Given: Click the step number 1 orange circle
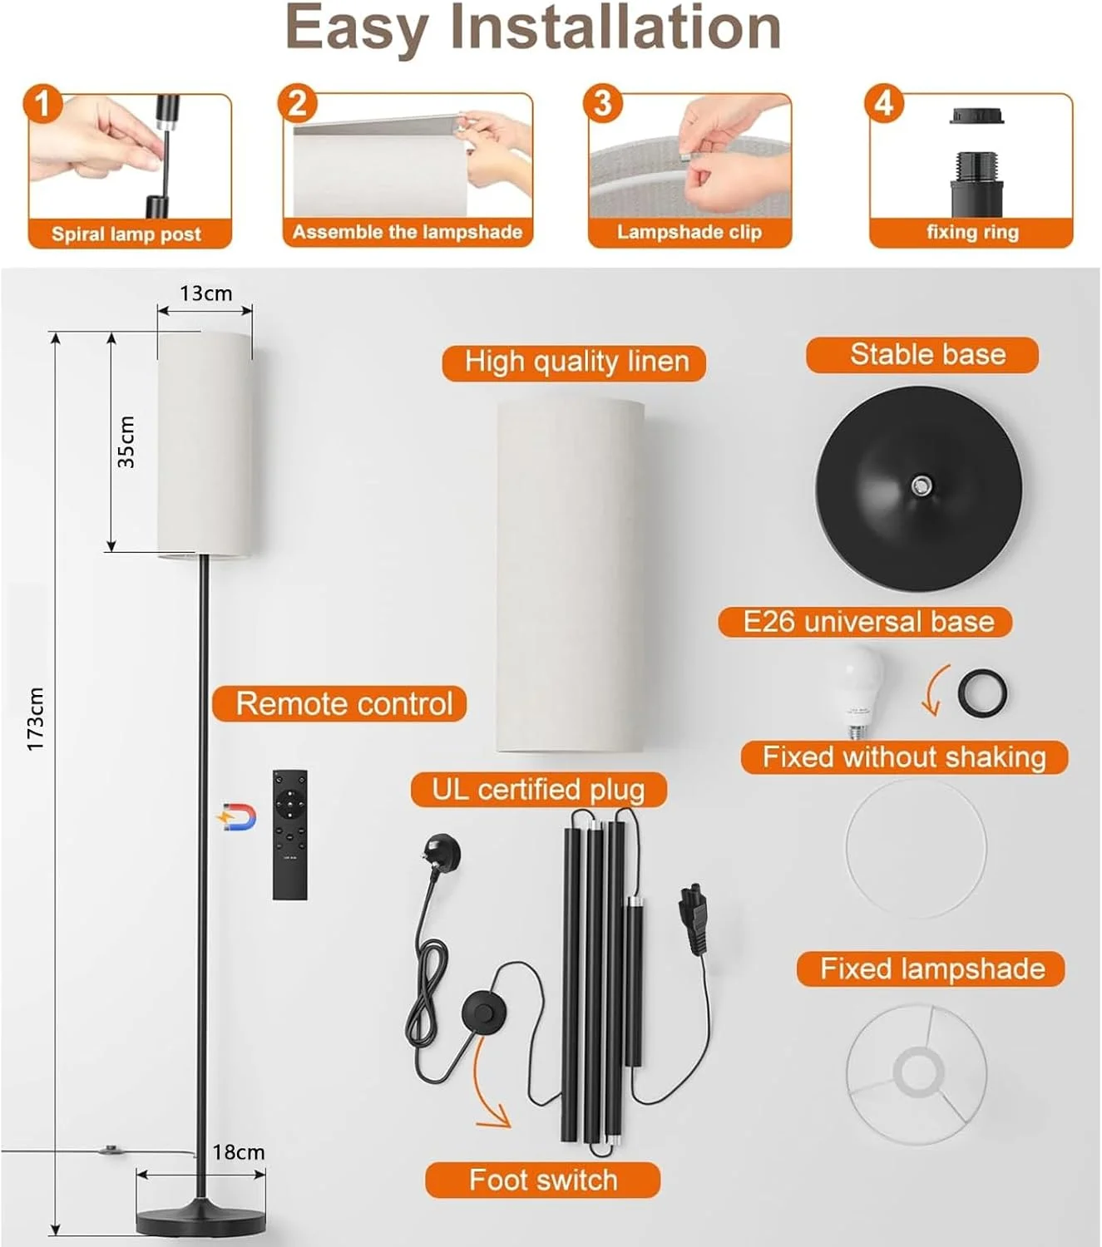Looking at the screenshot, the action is [42, 103].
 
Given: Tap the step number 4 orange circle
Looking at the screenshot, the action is [884, 103].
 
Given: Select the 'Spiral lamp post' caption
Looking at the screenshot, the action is [126, 234].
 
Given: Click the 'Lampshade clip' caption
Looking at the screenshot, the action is [689, 232].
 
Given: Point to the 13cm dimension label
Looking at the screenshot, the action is [205, 293].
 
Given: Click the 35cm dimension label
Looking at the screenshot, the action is [126, 442].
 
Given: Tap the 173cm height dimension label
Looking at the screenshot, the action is [36, 719].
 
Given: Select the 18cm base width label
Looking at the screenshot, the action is [239, 1152].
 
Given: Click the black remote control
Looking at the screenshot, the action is [289, 835].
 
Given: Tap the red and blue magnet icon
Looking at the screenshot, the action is [238, 817].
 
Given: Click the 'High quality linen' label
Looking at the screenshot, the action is [576, 362].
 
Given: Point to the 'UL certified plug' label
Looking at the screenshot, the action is [538, 790].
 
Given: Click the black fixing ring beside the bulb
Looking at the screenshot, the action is [982, 693].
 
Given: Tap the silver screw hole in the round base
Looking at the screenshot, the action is [922, 485].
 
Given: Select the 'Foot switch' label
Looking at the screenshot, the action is [543, 1180].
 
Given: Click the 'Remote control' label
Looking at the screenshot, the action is [344, 703].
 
